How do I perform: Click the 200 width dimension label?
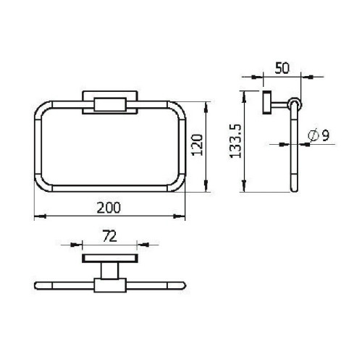(109, 208)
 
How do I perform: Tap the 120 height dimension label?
(198, 145)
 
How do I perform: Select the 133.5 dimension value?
(235, 141)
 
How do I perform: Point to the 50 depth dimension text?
(282, 68)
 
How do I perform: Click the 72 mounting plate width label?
(110, 236)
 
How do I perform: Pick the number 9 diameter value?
(326, 135)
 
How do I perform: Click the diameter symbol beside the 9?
(313, 135)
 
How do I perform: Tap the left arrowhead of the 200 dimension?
(40, 216)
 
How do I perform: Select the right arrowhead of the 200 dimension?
(179, 216)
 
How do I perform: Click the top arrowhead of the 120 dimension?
(206, 108)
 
